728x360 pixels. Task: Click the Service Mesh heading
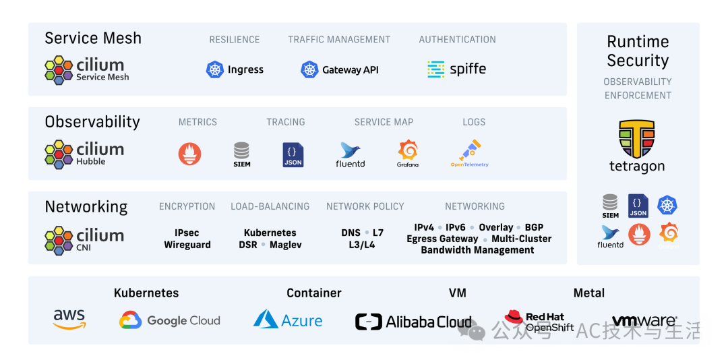point(93,38)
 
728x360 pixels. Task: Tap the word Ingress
point(245,69)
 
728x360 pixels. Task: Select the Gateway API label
point(350,70)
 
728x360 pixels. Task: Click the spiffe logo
point(456,69)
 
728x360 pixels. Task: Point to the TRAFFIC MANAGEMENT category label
point(339,40)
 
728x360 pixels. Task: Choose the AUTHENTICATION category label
point(457,40)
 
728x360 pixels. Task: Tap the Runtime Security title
point(638,51)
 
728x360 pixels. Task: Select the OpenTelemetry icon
point(470,154)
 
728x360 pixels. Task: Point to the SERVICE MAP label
point(384,122)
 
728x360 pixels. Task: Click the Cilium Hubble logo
point(84,154)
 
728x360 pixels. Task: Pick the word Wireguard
point(187,245)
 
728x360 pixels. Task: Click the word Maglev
point(286,245)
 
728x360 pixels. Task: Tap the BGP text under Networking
point(534,227)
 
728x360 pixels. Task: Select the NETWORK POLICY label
point(365,206)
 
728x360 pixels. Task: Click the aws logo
point(69,319)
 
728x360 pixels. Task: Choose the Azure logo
point(288,320)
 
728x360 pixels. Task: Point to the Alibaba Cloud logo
point(413,322)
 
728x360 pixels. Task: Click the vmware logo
point(644,321)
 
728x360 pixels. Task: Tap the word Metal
point(588,293)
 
